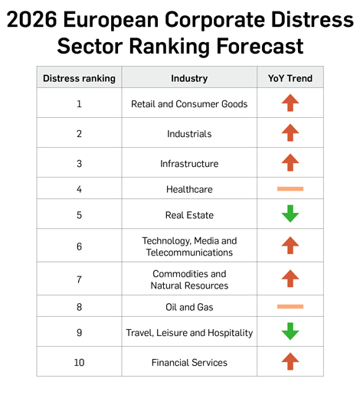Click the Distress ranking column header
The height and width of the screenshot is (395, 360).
[x=79, y=78]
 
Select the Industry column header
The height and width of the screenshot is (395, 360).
[x=189, y=78]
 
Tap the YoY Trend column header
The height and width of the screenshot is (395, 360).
[x=290, y=78]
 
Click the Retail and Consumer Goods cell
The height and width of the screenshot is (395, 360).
[x=189, y=104]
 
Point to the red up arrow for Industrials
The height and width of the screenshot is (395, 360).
[x=290, y=133]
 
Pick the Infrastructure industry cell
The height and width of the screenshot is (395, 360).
[x=189, y=164]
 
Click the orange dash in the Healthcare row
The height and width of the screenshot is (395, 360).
[x=290, y=188]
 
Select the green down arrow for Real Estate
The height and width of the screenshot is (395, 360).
[x=290, y=214]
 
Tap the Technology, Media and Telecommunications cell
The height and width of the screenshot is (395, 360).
[x=189, y=246]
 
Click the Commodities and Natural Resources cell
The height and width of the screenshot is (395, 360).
[x=189, y=279]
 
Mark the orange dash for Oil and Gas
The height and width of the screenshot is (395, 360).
[x=290, y=307]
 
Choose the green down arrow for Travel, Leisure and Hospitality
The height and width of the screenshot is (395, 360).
[x=290, y=332]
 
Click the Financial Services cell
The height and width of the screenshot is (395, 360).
[x=189, y=362]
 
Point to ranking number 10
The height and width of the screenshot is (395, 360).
[x=79, y=362]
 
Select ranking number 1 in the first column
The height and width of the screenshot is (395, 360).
[x=79, y=104]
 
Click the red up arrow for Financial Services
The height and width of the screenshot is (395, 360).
[x=290, y=361]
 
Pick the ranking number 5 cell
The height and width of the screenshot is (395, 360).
[x=79, y=215]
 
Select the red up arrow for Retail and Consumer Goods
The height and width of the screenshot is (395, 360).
[x=290, y=103]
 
